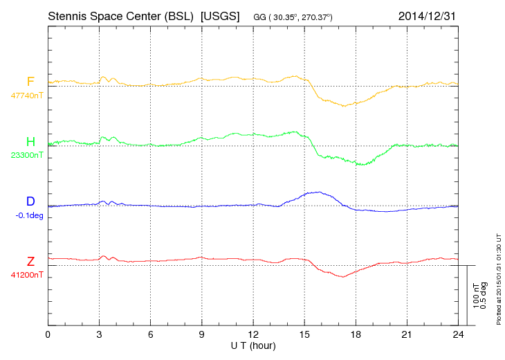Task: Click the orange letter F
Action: (30, 82)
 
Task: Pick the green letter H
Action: (30, 142)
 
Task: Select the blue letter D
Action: (30, 201)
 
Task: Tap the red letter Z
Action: (30, 261)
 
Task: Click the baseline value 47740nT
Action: (26, 96)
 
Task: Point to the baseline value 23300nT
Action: (26, 155)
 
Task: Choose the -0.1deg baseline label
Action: (28, 215)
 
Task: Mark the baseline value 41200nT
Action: (26, 274)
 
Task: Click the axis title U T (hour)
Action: (253, 345)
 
